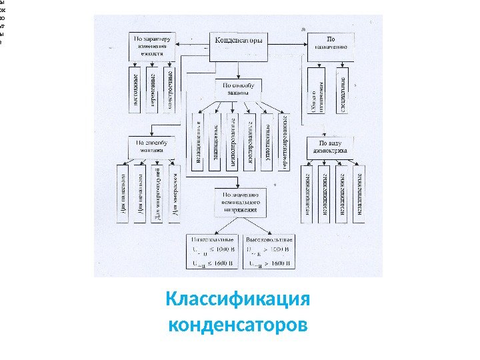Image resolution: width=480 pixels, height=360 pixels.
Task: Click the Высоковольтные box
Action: coord(268,251)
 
